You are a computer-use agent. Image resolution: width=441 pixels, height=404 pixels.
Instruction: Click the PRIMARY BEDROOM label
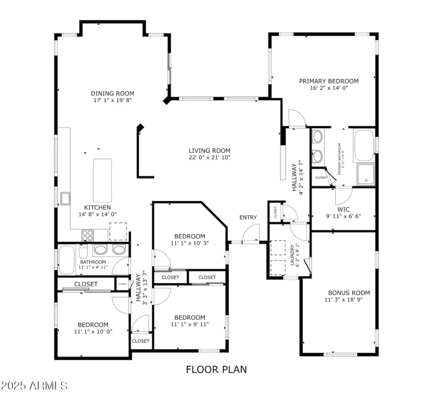(329, 81)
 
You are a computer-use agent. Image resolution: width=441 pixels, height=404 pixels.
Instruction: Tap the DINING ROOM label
(112, 94)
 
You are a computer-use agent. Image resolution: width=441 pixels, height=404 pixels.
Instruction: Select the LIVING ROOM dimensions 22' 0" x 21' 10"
(209, 158)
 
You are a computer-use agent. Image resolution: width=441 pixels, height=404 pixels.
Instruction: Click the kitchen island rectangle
(102, 180)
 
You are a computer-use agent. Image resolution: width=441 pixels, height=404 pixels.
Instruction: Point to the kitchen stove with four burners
(88, 235)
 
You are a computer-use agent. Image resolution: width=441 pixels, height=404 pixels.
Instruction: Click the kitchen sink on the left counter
(65, 198)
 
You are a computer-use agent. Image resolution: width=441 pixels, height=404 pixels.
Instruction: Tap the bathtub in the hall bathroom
(67, 260)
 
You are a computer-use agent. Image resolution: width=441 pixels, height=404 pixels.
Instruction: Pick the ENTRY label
(248, 217)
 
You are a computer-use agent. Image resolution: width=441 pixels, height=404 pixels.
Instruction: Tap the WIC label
(344, 209)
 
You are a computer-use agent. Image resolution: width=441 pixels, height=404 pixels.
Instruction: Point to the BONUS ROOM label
(349, 293)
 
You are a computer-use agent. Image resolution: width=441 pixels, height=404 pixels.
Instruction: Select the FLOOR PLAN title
(216, 369)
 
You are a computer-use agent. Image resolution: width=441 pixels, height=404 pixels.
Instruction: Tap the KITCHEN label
(98, 207)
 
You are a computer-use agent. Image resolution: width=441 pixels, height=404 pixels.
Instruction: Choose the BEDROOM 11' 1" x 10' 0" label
(93, 325)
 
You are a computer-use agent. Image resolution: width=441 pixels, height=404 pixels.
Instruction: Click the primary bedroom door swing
(296, 117)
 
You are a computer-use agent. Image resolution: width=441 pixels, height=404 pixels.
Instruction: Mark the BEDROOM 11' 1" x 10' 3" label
(190, 236)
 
